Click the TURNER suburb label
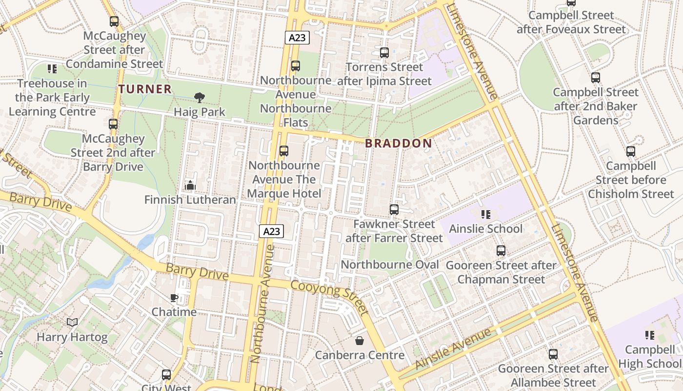point(145,89)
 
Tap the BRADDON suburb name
point(399,143)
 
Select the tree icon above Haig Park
point(199,98)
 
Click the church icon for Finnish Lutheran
point(190,185)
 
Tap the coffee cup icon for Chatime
point(174,298)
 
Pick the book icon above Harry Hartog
point(72,323)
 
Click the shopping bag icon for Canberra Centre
point(360,341)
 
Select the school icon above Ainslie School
point(485,215)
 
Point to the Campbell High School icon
point(649,335)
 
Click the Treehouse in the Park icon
point(52,69)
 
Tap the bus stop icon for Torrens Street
point(384,53)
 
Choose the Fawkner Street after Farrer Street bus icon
point(394,210)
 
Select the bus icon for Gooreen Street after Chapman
point(501,251)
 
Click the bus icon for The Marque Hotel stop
point(284,151)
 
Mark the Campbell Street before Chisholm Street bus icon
point(631,152)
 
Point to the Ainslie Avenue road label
point(453,349)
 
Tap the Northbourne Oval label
point(390,265)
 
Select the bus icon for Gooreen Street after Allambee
point(553,354)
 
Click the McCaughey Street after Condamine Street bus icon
point(114,22)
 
